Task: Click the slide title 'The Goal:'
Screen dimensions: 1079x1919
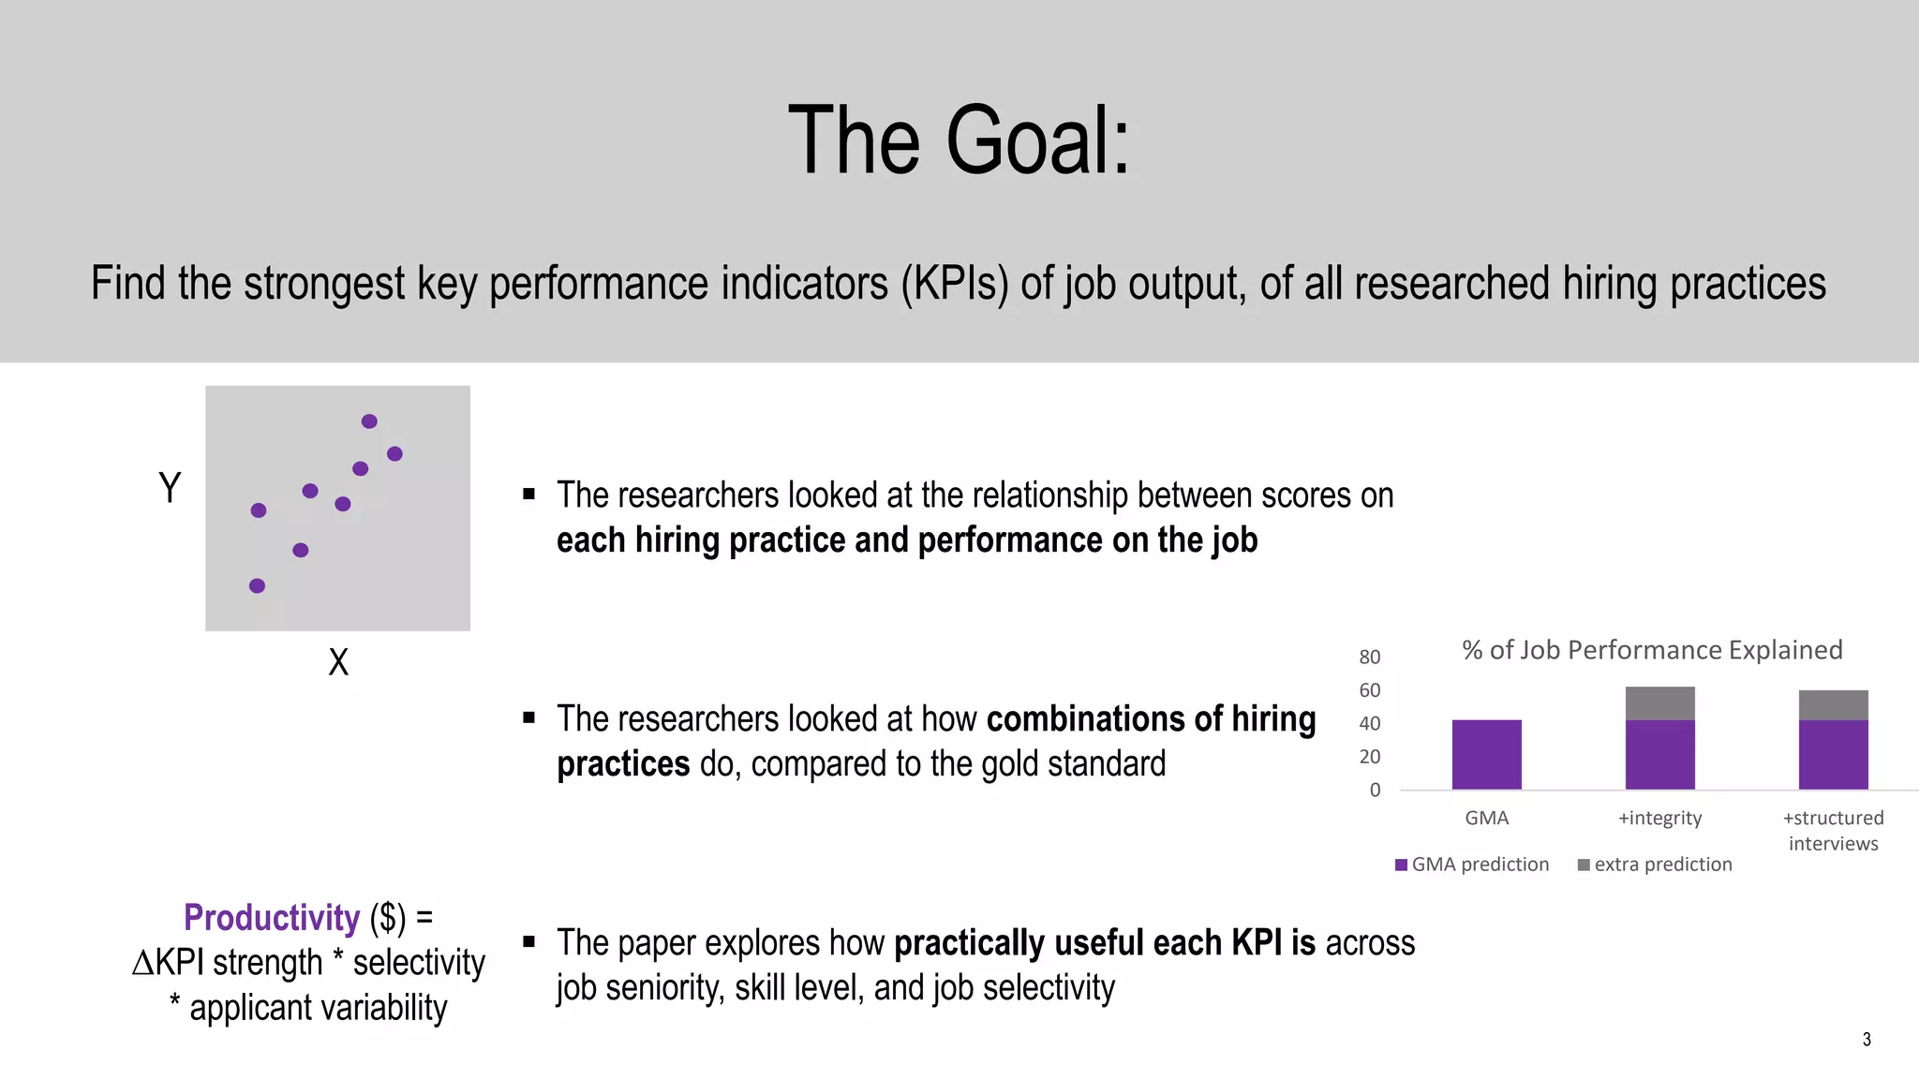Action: point(959,140)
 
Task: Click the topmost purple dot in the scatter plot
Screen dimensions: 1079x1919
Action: point(369,421)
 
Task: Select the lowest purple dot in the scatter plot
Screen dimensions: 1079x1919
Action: point(257,585)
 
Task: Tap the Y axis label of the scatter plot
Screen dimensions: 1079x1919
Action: point(170,488)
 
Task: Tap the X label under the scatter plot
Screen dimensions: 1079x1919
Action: point(338,662)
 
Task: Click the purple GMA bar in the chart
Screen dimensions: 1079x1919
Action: point(1486,754)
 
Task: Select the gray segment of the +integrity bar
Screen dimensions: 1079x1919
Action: point(1659,703)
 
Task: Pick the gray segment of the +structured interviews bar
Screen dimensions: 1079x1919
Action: point(1833,705)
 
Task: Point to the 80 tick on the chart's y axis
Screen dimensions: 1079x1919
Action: point(1369,657)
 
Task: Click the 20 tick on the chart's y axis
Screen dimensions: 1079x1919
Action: point(1369,757)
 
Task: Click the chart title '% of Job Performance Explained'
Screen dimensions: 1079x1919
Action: point(1652,650)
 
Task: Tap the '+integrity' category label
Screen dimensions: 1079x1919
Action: point(1659,818)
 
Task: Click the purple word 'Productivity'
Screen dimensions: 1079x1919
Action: point(272,918)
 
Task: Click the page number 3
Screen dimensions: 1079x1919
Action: point(1867,1039)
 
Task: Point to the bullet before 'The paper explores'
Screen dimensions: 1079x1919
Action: point(529,941)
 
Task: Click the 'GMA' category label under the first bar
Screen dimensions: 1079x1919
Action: point(1486,818)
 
